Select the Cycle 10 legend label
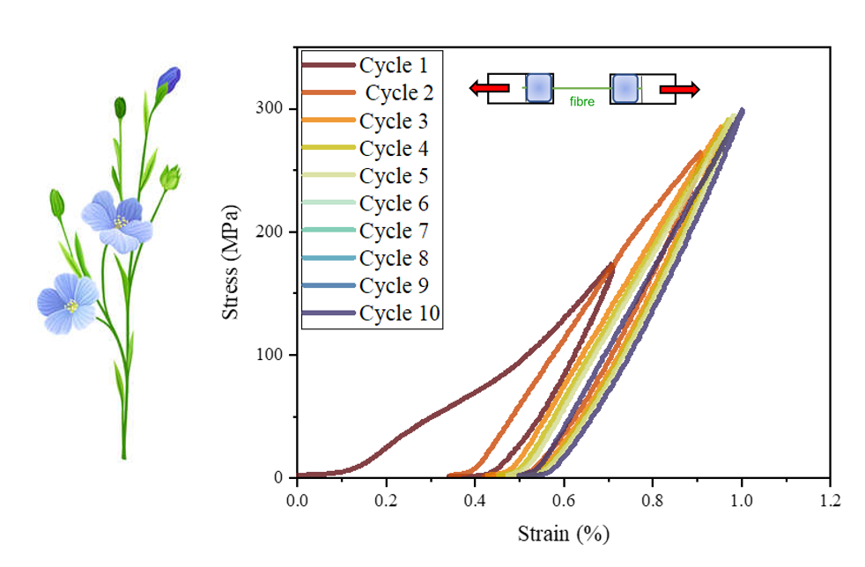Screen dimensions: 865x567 (x=371, y=313)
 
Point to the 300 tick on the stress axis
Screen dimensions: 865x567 (x=269, y=107)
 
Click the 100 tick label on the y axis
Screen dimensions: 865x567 (x=269, y=354)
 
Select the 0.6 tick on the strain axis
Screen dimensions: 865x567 (x=564, y=500)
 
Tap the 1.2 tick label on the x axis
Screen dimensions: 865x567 (x=831, y=500)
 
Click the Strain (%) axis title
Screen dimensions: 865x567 (x=563, y=534)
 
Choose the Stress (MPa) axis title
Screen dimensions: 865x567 (x=230, y=262)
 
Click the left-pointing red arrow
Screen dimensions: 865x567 (x=490, y=88)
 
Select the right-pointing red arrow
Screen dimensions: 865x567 (x=680, y=89)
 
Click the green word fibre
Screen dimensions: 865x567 (x=582, y=101)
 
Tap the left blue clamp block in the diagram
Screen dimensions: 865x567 (x=539, y=88)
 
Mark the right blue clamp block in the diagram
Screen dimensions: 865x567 (x=625, y=89)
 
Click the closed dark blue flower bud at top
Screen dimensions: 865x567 (x=169, y=79)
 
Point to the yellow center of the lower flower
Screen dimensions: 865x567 (x=71, y=305)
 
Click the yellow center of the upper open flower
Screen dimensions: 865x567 (x=121, y=222)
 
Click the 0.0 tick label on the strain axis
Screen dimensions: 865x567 (x=297, y=500)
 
